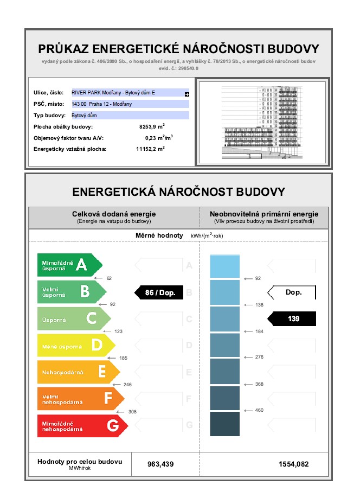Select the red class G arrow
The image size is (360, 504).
pyautogui.click(x=81, y=426)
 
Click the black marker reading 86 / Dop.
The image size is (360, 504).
pyautogui.click(x=159, y=292)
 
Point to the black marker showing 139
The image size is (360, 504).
pyautogui.click(x=293, y=319)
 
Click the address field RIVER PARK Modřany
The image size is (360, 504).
pyautogui.click(x=130, y=93)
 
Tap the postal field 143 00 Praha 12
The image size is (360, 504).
pyautogui.click(x=130, y=104)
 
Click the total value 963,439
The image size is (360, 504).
pyautogui.click(x=160, y=464)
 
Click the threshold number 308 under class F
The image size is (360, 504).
pyautogui.click(x=132, y=412)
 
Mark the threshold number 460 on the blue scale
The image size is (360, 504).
pyautogui.click(x=259, y=410)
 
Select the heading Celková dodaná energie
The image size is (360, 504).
pyautogui.click(x=114, y=214)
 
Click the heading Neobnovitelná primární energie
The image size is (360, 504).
pyautogui.click(x=264, y=214)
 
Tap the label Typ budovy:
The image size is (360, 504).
pyautogui.click(x=49, y=116)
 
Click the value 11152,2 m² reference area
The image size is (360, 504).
pyautogui.click(x=150, y=149)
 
